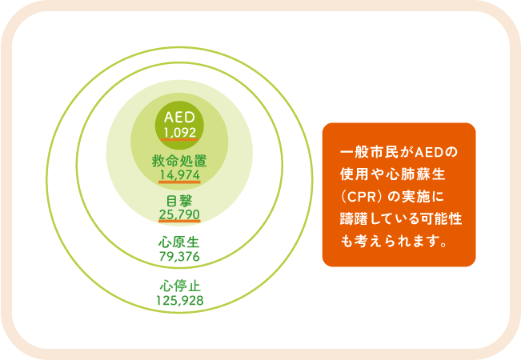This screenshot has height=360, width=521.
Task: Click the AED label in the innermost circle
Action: [179, 118]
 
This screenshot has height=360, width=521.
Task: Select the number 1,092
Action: [179, 133]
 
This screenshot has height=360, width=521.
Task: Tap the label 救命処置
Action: [179, 161]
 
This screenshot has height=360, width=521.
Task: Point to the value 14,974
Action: [179, 175]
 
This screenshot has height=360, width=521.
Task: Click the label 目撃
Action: [179, 202]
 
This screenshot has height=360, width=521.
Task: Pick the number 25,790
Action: [179, 214]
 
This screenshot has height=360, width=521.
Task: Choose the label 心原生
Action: [179, 242]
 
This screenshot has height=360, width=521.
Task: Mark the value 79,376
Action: [179, 256]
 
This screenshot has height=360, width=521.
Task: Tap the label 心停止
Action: [179, 286]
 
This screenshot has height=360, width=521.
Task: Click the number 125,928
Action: [179, 300]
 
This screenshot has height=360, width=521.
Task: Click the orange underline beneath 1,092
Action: [179, 139]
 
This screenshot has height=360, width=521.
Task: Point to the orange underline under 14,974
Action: [179, 182]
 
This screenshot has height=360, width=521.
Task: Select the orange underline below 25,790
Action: [179, 221]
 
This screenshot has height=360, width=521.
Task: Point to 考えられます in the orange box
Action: [395, 242]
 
